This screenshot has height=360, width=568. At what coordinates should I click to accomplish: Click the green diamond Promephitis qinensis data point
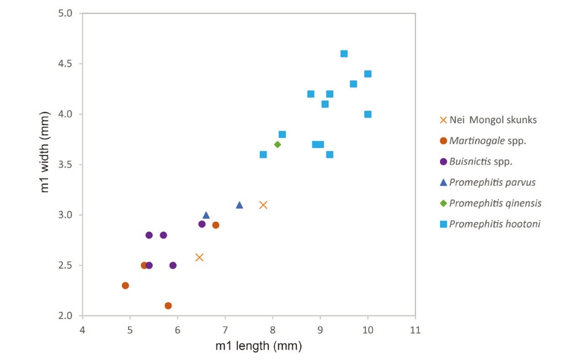tap(277, 144)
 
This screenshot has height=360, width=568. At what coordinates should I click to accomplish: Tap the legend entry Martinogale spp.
tap(487, 141)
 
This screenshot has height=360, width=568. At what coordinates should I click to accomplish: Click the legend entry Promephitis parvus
tap(492, 182)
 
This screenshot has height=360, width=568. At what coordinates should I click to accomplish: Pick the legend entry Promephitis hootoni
tap(494, 224)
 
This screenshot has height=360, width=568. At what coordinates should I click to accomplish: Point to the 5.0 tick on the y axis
tap(65, 13)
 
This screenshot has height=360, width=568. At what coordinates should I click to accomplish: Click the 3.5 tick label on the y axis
tap(65, 165)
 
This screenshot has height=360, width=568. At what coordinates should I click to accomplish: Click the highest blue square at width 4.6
tap(344, 53)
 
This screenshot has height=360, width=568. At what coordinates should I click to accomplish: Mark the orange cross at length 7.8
tap(263, 205)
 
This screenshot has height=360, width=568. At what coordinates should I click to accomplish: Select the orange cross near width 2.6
tap(199, 257)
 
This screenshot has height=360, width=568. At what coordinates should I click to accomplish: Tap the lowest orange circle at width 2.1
tap(168, 306)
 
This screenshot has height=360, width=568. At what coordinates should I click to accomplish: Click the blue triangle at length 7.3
tap(239, 205)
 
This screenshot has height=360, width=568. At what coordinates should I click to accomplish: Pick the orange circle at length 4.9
tap(125, 285)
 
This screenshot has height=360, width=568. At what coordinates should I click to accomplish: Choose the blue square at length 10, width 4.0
tap(368, 114)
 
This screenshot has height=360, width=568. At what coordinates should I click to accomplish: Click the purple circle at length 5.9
tap(173, 265)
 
